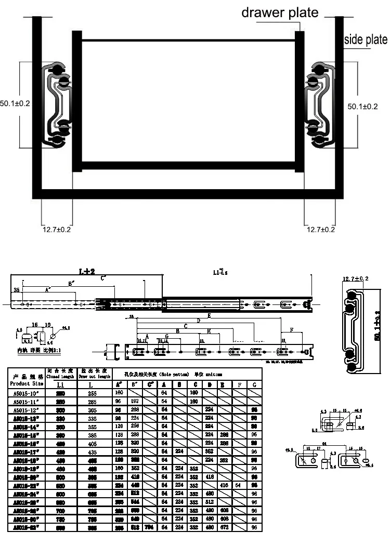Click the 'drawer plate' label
pyautogui.click(x=279, y=12)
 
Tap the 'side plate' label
pyautogui.click(x=367, y=39)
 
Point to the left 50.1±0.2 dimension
pyautogui.click(x=15, y=103)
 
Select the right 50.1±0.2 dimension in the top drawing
pyautogui.click(x=362, y=106)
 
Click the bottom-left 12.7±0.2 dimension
pyautogui.click(x=57, y=229)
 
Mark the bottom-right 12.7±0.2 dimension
pyautogui.click(x=320, y=229)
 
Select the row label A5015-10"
pyautogui.click(x=27, y=393)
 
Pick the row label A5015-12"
pyautogui.click(x=27, y=410)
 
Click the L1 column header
pyautogui.click(x=61, y=384)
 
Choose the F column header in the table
pyautogui.click(x=239, y=384)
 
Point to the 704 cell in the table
pyautogui.click(x=150, y=527)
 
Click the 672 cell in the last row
pyautogui.click(x=224, y=527)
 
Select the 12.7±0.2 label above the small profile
pyautogui.click(x=355, y=279)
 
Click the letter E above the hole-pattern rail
pyautogui.click(x=209, y=316)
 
